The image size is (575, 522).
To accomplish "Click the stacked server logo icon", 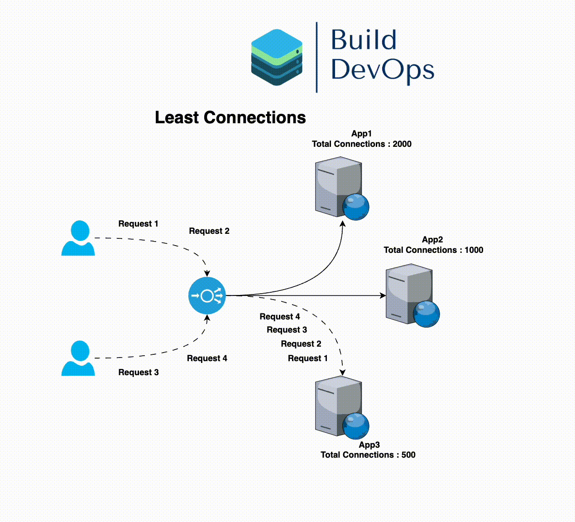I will point(277,57).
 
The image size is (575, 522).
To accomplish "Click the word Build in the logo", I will point(364,40).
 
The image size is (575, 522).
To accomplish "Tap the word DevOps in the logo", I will point(383,70).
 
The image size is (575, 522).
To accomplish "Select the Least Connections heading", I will point(230,117).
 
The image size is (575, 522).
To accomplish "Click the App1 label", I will point(361,134).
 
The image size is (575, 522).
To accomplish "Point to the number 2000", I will point(402,144).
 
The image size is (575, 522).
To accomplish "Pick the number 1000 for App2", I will point(474,250).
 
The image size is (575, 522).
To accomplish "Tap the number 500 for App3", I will point(408,455).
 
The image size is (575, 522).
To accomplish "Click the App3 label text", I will point(369,445).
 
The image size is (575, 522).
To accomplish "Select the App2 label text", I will point(432,240).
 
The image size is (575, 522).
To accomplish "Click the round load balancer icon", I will point(207,296).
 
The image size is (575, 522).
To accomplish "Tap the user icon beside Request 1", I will point(78,238).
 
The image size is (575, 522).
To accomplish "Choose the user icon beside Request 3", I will point(78,358).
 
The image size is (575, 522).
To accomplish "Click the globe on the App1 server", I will point(355,207).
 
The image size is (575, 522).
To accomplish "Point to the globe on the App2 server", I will point(426,314).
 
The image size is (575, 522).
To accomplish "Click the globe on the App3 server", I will point(355,426).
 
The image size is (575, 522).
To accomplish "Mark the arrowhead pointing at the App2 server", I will point(383,295).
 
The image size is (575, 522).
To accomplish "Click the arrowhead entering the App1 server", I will point(343,224).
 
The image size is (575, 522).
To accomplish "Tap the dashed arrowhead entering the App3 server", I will point(343,372).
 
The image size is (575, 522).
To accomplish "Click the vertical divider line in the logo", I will point(316,57).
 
